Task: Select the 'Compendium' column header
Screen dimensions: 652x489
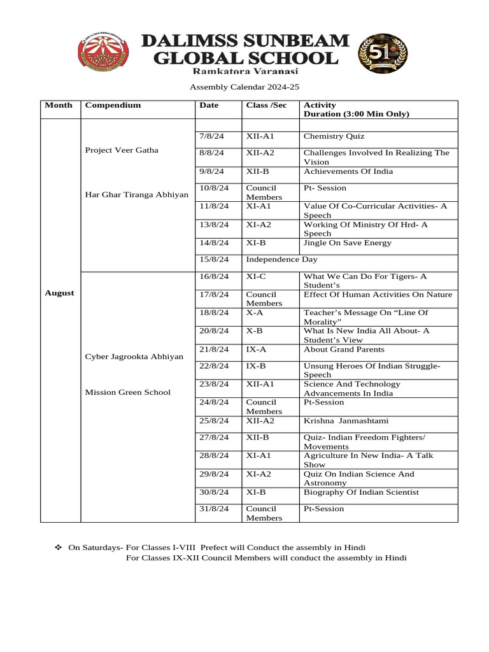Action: pos(113,105)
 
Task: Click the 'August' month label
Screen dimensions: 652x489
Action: pos(59,293)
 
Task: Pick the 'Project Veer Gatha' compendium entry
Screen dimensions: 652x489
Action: pos(122,150)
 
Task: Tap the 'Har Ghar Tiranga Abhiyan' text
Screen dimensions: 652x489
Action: pos(137,194)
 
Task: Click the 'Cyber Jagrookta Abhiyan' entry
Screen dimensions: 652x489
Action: pos(134,356)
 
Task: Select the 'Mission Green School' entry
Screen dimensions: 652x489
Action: pos(128,392)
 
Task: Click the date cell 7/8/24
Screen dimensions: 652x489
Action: pos(209,136)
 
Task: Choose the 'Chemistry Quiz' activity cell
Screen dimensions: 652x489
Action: pos(334,136)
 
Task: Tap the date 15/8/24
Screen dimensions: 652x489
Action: pos(213,260)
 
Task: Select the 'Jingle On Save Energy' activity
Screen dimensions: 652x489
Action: pos(348,243)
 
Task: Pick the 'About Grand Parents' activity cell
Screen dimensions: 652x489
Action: pos(344,350)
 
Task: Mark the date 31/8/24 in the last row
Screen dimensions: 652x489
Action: pos(213,509)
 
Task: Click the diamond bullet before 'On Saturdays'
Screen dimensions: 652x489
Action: pos(57,548)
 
